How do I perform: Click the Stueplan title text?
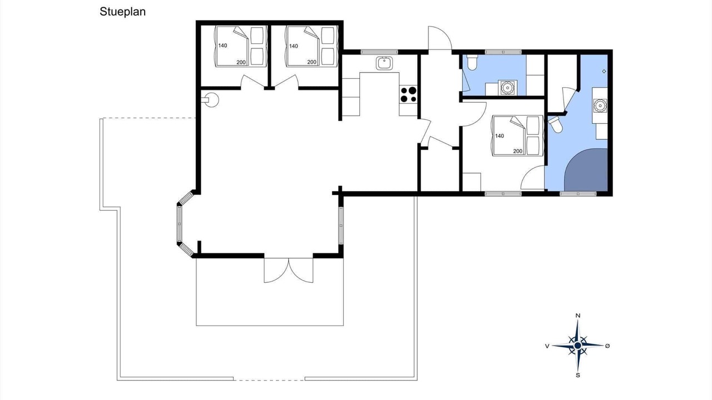(x=122, y=12)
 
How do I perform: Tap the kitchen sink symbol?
(x=384, y=63)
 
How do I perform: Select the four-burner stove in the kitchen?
(x=408, y=94)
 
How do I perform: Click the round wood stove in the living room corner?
(x=211, y=99)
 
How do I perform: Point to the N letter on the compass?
(x=578, y=316)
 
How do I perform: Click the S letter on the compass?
(x=578, y=375)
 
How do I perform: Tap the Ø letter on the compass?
(x=607, y=346)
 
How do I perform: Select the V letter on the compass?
(x=547, y=346)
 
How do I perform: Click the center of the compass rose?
(x=577, y=346)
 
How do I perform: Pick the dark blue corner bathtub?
(x=586, y=170)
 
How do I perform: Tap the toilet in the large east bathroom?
(x=556, y=124)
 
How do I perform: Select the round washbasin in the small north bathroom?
(x=507, y=87)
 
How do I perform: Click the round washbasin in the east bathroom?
(x=600, y=106)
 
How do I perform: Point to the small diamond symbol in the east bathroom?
(x=604, y=72)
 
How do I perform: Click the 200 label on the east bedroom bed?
(x=518, y=152)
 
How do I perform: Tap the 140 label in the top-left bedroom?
(x=222, y=46)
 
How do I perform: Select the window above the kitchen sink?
(x=379, y=52)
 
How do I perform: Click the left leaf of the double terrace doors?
(x=276, y=270)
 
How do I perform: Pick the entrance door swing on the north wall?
(x=440, y=38)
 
